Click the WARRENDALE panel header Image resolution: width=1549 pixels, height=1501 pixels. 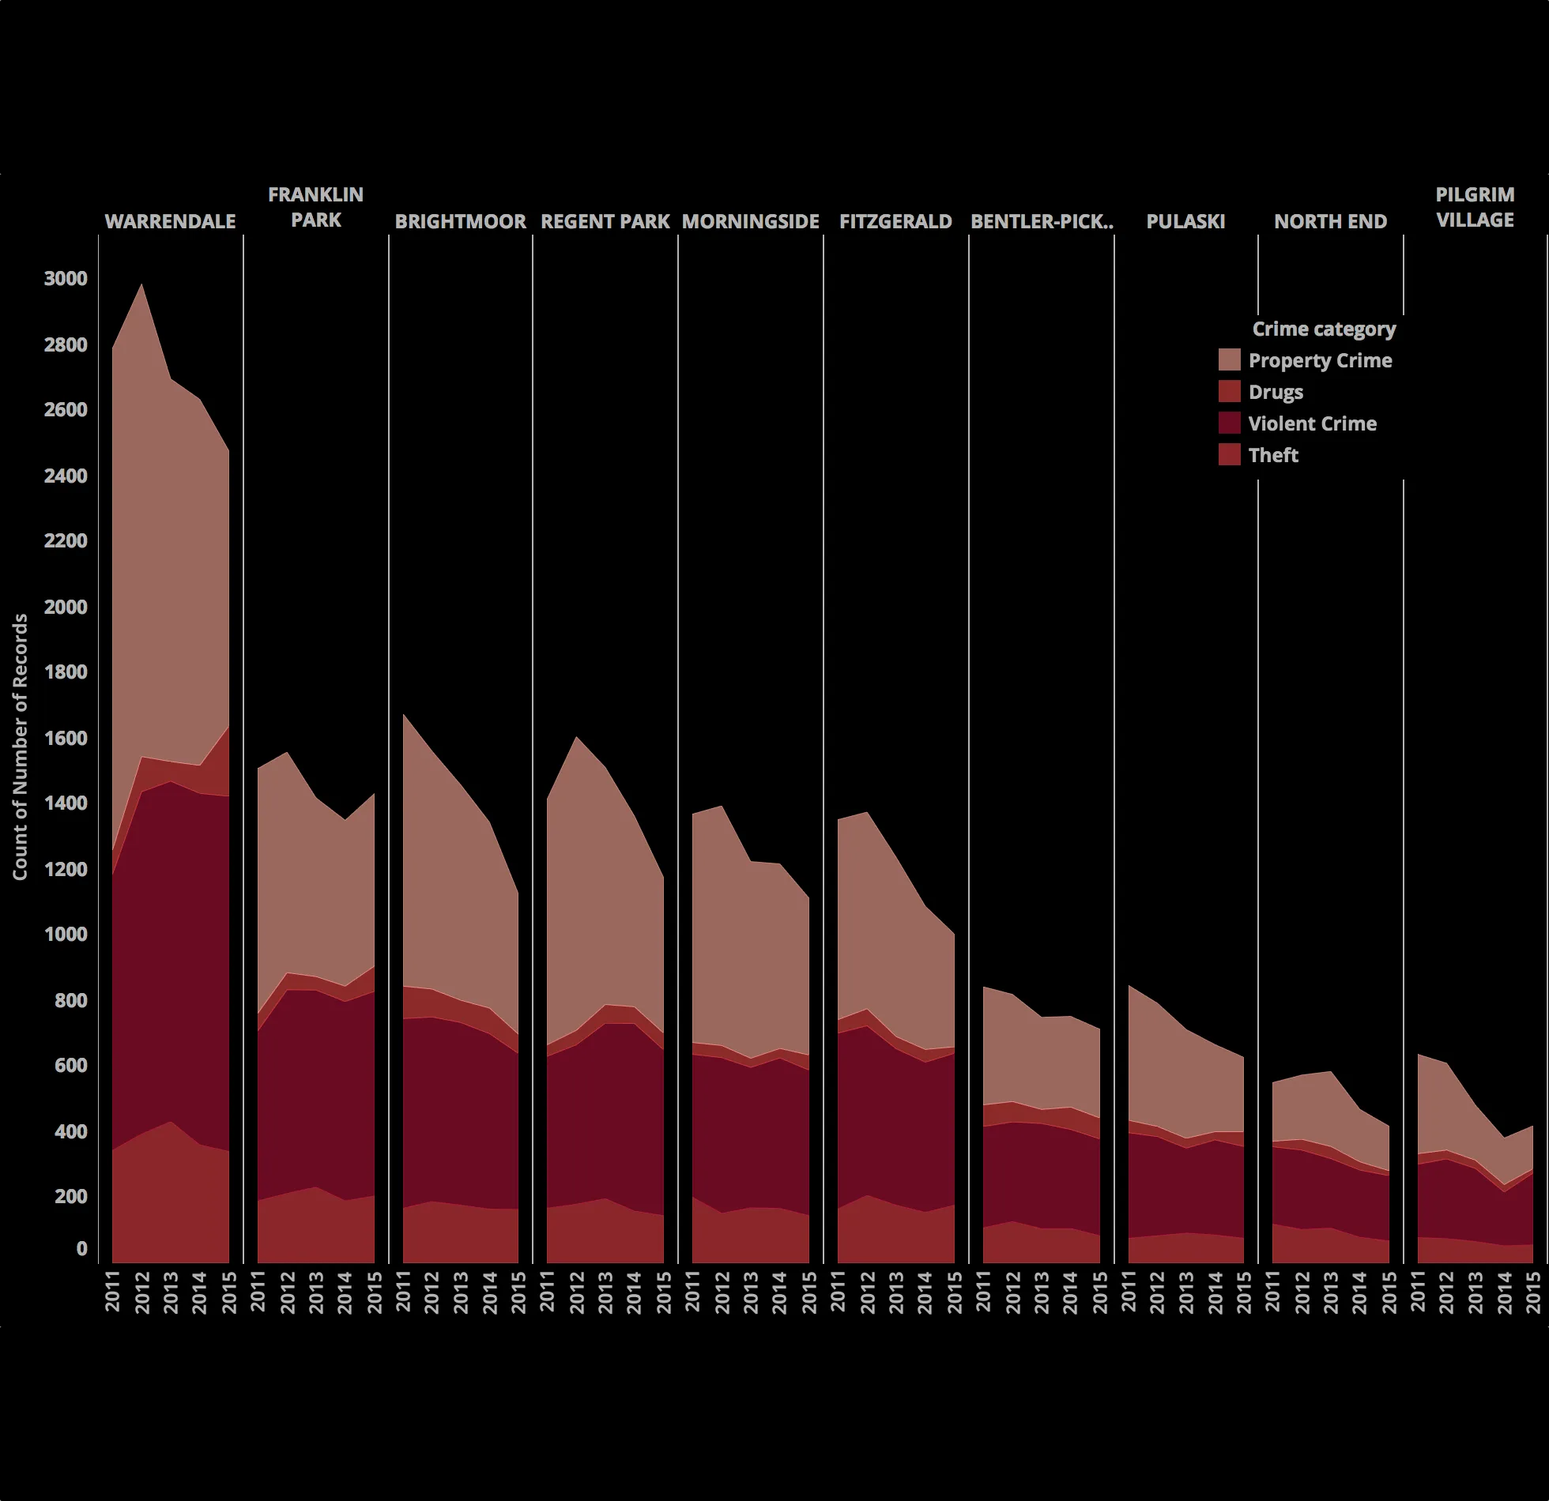pos(170,221)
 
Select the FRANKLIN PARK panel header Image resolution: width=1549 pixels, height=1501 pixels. pos(315,207)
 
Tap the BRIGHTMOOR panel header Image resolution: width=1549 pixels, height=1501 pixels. pos(460,221)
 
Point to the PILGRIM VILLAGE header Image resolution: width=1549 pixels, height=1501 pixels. pos(1475,207)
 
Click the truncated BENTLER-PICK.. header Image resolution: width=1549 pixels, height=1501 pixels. pos(1042,221)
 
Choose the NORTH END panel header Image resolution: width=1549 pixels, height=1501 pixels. pos(1330,221)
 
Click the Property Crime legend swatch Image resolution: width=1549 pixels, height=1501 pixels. pos(1229,360)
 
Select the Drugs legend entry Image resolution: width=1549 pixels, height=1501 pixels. pos(1275,392)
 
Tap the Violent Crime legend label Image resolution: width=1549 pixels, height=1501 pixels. pos(1312,423)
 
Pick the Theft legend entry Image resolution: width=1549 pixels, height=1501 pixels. pos(1272,455)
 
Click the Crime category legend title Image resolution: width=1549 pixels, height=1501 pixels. pos(1324,329)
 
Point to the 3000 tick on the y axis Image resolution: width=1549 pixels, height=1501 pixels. pos(66,279)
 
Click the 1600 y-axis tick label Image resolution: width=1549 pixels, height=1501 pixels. pos(66,738)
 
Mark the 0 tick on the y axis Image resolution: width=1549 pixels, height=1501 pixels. pos(81,1248)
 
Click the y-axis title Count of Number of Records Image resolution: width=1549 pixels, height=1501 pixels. pos(21,747)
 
